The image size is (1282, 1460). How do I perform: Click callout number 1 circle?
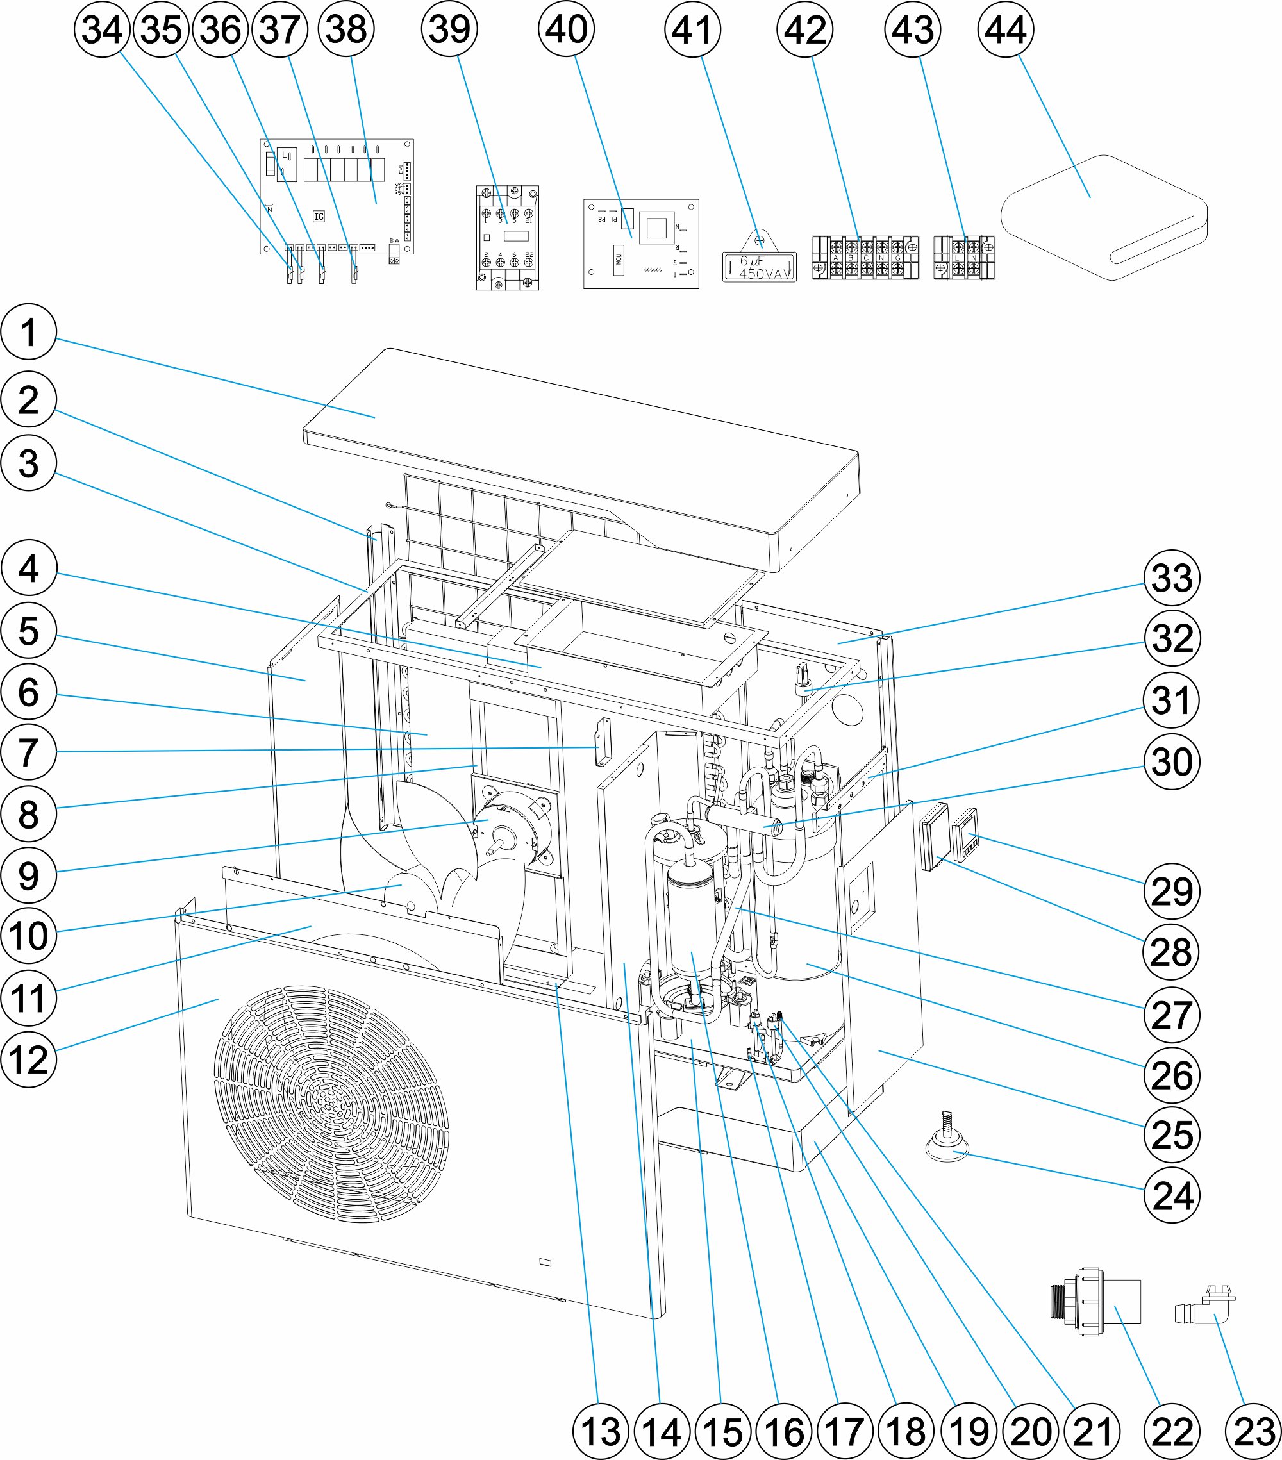pyautogui.click(x=29, y=332)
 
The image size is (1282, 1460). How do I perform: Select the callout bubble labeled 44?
pyautogui.click(x=1006, y=29)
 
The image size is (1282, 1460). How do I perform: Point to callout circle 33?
pyautogui.click(x=1171, y=578)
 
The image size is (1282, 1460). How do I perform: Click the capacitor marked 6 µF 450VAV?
pyautogui.click(x=759, y=266)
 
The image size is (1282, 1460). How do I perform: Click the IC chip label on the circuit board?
pyautogui.click(x=319, y=217)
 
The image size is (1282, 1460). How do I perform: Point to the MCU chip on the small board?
pyautogui.click(x=619, y=260)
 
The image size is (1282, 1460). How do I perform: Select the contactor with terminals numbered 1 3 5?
pyautogui.click(x=507, y=238)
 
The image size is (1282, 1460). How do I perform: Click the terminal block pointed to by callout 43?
pyautogui.click(x=964, y=258)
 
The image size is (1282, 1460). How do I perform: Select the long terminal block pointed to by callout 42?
pyautogui.click(x=865, y=257)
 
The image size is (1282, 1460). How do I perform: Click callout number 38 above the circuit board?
pyautogui.click(x=346, y=29)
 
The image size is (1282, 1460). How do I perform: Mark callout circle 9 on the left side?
pyautogui.click(x=29, y=875)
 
